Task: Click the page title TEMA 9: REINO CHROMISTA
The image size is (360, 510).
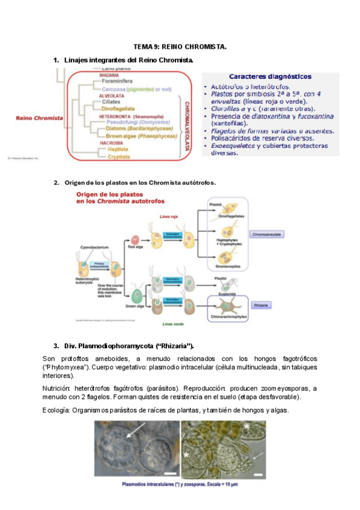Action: point(180,47)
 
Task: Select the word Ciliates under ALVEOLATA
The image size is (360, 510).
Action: point(111,102)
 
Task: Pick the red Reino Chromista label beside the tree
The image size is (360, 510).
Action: point(40,118)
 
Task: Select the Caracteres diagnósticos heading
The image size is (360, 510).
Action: point(270,76)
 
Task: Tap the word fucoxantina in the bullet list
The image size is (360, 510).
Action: point(314,116)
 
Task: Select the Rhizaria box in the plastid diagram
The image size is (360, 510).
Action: point(260,306)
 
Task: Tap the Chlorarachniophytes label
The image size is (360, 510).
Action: point(227,316)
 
